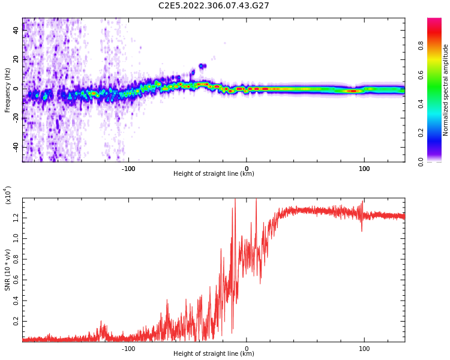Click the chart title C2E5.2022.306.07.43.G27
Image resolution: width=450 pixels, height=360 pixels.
pyautogui.click(x=214, y=5)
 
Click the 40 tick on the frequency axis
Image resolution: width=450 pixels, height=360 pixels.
pyautogui.click(x=16, y=30)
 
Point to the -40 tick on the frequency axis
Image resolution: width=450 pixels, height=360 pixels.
pyautogui.click(x=16, y=147)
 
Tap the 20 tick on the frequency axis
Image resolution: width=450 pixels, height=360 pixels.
pyautogui.click(x=16, y=59)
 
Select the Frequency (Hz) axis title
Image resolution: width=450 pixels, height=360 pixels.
pyautogui.click(x=8, y=90)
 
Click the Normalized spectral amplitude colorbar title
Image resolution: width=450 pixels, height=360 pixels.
pyautogui.click(x=446, y=90)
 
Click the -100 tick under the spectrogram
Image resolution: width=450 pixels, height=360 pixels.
pyautogui.click(x=128, y=168)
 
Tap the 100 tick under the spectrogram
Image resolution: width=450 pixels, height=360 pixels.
pyautogui.click(x=364, y=168)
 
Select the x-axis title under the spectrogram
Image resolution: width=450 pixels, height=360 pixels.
pyautogui.click(x=214, y=174)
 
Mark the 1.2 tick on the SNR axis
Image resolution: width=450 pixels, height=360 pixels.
pyautogui.click(x=16, y=217)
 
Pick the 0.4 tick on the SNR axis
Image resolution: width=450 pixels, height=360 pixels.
pyautogui.click(x=16, y=301)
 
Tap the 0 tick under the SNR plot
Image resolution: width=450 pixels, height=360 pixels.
pyautogui.click(x=247, y=348)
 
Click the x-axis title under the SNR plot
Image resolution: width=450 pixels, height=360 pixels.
pyautogui.click(x=214, y=354)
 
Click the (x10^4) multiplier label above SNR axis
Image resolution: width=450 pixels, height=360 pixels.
pyautogui.click(x=8, y=195)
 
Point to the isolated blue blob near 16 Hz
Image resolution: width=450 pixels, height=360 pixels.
pyautogui.click(x=203, y=66)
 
